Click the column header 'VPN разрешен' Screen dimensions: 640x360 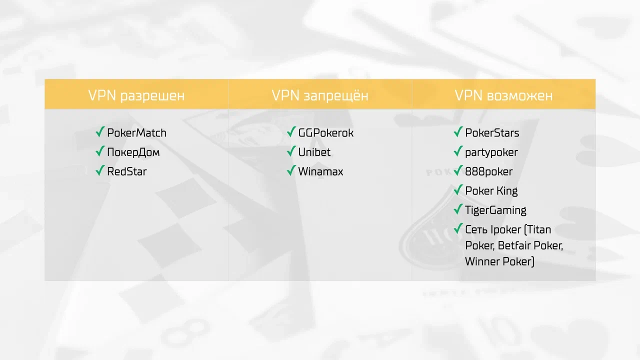click(x=136, y=95)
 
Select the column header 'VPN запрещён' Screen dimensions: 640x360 click(x=320, y=95)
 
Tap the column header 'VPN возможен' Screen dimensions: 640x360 click(x=503, y=95)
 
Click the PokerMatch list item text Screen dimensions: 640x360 click(x=136, y=133)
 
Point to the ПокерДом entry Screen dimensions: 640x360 click(x=133, y=152)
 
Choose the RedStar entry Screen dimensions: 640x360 click(x=127, y=171)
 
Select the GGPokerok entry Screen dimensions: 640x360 click(x=325, y=133)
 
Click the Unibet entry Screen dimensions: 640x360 click(x=314, y=152)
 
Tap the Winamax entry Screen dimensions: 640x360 click(x=320, y=171)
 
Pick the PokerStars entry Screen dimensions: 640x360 click(x=492, y=133)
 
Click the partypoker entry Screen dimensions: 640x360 click(x=491, y=152)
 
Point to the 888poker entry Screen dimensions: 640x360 click(x=489, y=171)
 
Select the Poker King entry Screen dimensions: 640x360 click(x=491, y=191)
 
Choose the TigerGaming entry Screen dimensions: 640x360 click(x=495, y=210)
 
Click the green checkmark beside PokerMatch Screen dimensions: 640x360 click(x=100, y=131)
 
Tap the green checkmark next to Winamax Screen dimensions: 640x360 click(x=291, y=170)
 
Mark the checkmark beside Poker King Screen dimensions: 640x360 click(x=458, y=189)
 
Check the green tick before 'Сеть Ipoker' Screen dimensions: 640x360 click(x=458, y=228)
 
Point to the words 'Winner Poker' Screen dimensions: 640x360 click(x=498, y=261)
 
